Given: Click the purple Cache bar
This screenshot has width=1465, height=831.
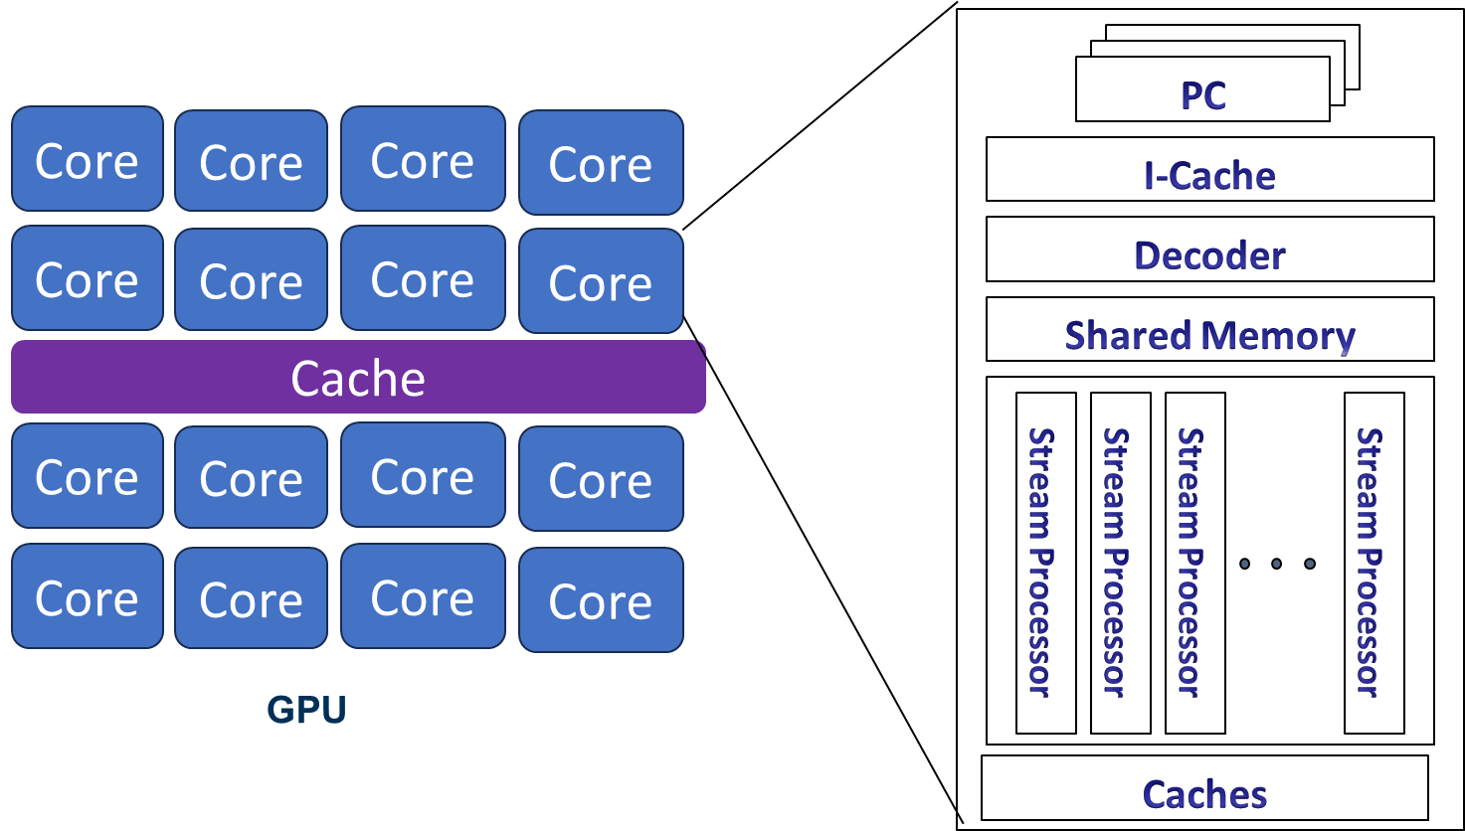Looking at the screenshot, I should [x=358, y=378].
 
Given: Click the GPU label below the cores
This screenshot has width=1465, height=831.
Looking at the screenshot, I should [x=306, y=710].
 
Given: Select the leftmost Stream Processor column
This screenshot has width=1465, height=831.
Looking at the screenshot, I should [x=1045, y=563].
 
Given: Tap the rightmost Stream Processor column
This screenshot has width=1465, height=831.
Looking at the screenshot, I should [x=1373, y=563].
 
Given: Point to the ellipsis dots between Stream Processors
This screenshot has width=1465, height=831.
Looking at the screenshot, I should [x=1278, y=564].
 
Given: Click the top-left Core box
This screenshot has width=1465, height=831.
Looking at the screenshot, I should [x=88, y=159].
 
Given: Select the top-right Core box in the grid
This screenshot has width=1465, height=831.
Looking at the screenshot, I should [x=601, y=162].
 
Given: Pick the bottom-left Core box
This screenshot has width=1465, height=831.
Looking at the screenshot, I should [x=88, y=596].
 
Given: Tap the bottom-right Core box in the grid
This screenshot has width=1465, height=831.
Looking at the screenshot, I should [x=601, y=600].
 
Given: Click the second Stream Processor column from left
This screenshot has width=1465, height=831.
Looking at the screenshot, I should [x=1120, y=563].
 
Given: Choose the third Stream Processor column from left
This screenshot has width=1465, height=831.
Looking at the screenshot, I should [x=1194, y=563].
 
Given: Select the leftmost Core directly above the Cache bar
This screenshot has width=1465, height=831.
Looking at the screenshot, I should [x=88, y=278].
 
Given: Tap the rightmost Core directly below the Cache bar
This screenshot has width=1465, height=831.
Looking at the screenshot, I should [x=601, y=479].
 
